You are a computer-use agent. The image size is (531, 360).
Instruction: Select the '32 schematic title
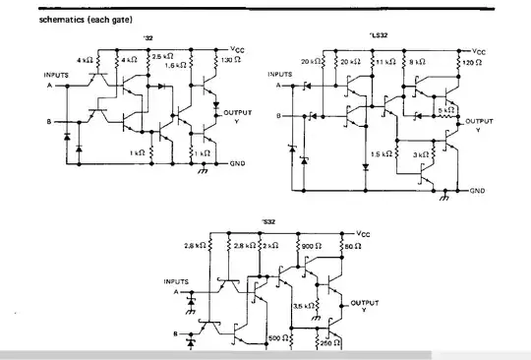point(148,40)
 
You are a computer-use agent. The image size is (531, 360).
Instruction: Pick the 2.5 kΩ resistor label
point(161,58)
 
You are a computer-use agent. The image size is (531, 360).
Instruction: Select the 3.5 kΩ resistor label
point(303,306)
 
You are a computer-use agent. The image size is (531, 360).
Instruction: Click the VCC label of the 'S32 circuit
point(364,233)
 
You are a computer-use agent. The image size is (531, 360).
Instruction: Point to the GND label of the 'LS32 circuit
point(478,190)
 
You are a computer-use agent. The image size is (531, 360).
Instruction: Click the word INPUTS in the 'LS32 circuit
point(280,74)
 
